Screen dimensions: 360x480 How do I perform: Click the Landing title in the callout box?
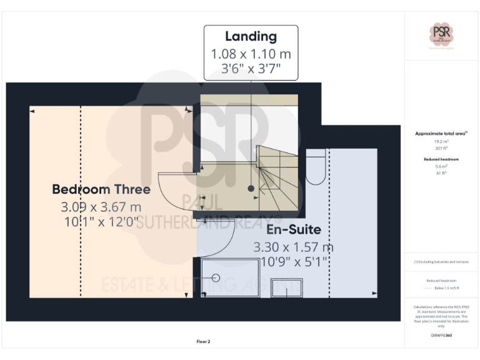pyautogui.click(x=251, y=36)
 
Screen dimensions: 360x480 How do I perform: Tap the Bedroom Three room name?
pyautogui.click(x=101, y=189)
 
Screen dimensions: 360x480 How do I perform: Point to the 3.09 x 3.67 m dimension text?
pyautogui.click(x=101, y=206)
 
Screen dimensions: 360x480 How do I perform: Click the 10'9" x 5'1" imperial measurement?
pyautogui.click(x=293, y=261)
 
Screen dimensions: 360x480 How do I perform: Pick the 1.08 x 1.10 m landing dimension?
pyautogui.click(x=251, y=53)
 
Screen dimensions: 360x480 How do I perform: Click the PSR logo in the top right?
pyautogui.click(x=441, y=32)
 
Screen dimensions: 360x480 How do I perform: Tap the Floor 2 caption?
pyautogui.click(x=203, y=341)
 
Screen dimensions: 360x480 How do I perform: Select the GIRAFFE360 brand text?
pyautogui.click(x=441, y=336)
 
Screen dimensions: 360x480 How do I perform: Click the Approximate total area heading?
pyautogui.click(x=440, y=134)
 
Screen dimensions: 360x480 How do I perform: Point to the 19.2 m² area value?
pyautogui.click(x=441, y=142)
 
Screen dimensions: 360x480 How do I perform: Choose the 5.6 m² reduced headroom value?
pyautogui.click(x=441, y=167)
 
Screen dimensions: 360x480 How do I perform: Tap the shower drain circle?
pyautogui.click(x=216, y=279)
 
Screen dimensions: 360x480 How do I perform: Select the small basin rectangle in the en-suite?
pyautogui.click(x=287, y=288)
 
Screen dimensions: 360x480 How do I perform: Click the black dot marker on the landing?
pyautogui.click(x=251, y=188)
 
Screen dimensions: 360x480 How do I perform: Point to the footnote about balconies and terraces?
pyautogui.click(x=441, y=262)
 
